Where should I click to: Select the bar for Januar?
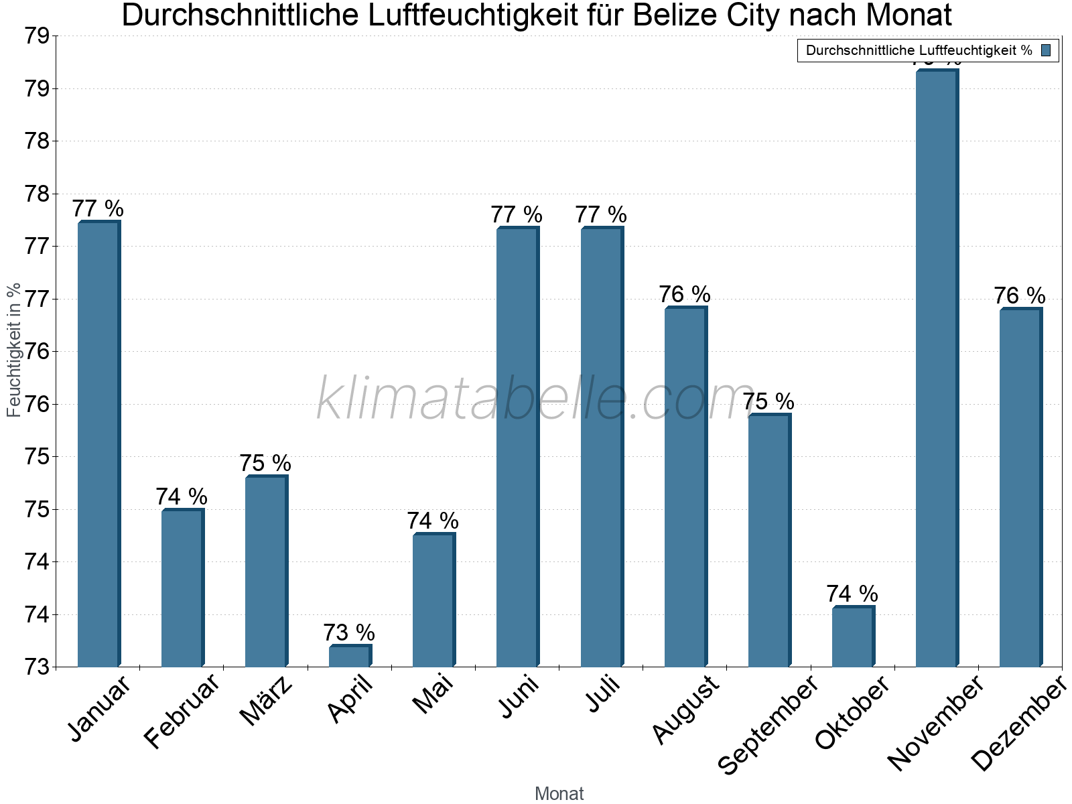click(x=98, y=444)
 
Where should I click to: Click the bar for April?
click(x=350, y=656)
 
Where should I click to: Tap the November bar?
click(x=937, y=368)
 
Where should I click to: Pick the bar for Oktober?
click(x=853, y=636)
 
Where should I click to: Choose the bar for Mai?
click(x=433, y=600)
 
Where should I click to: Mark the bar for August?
click(x=685, y=487)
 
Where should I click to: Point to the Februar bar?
click(x=182, y=588)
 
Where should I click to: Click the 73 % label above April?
click(x=349, y=632)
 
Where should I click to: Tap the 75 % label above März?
click(x=265, y=463)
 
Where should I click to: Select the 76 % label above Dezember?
click(x=1019, y=295)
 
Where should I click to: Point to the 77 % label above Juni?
click(x=517, y=215)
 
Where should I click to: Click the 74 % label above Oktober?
click(x=852, y=594)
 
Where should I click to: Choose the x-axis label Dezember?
click(x=1018, y=724)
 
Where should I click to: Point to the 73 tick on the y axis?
click(x=37, y=667)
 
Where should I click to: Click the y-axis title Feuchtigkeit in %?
click(x=14, y=350)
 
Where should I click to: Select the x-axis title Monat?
click(x=559, y=793)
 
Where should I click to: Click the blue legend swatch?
click(x=1046, y=50)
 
